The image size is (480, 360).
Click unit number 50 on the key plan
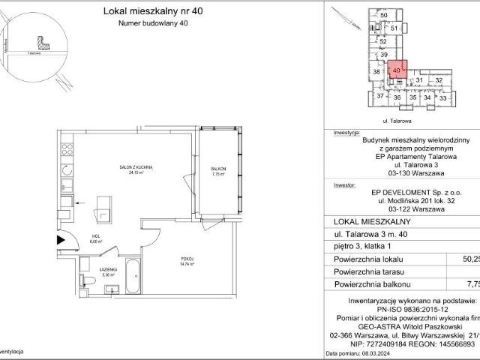(x=384, y=16)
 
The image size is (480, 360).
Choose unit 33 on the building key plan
(x=443, y=97)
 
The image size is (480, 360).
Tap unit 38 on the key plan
(x=377, y=72)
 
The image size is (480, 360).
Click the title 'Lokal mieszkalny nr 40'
(x=142, y=11)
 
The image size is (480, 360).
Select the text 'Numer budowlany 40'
(x=142, y=24)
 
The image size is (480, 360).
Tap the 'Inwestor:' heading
(x=344, y=182)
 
